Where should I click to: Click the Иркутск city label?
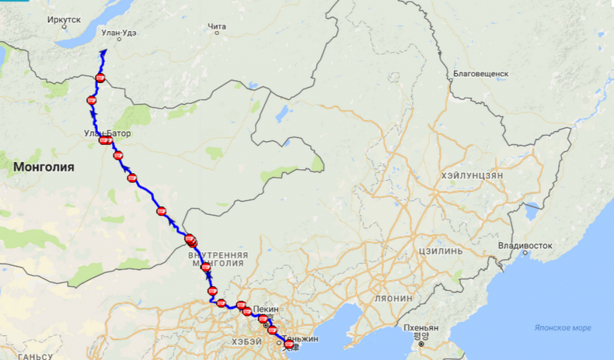[x=64, y=19]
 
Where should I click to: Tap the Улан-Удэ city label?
[x=119, y=32]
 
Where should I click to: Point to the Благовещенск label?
[x=481, y=73]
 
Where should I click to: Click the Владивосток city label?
[x=525, y=246]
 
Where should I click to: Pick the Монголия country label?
[x=44, y=167]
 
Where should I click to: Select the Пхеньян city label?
[x=421, y=328]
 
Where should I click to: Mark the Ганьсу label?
[x=36, y=356]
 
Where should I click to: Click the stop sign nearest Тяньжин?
[x=289, y=344]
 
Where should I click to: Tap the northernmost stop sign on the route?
[x=100, y=77]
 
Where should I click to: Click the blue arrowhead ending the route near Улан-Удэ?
[x=103, y=52]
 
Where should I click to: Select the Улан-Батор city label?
[x=107, y=133]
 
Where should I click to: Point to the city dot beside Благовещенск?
[x=450, y=80]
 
